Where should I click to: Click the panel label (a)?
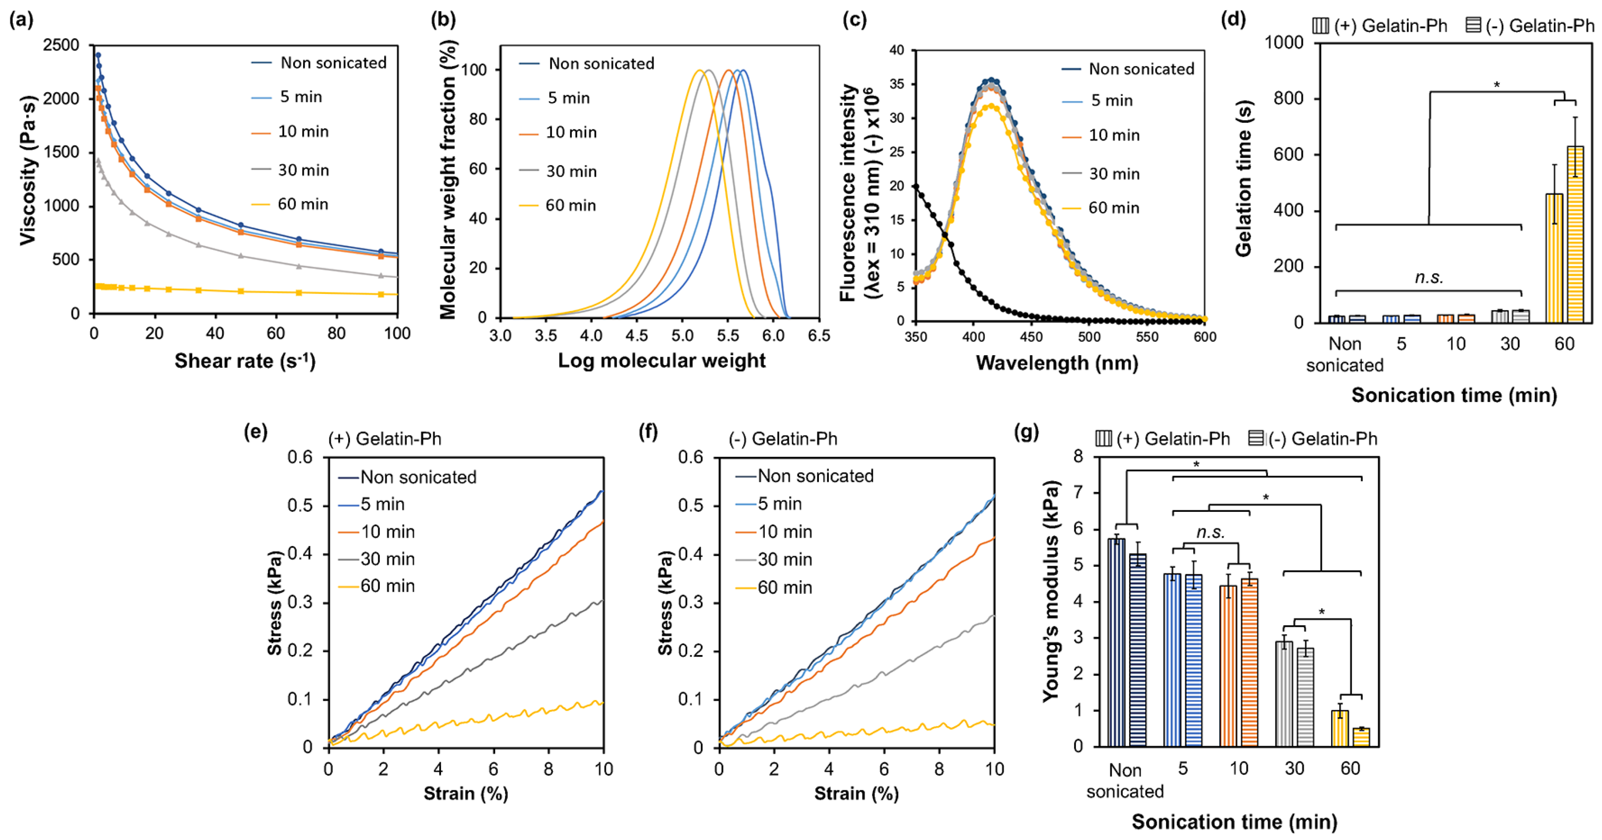point(21,20)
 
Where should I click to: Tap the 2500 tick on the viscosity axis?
point(61,45)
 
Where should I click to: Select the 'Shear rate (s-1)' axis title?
point(245,361)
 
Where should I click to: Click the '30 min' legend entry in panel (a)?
point(303,170)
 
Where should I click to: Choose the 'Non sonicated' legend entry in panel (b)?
point(601,63)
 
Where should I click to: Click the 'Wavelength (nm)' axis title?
point(1057,363)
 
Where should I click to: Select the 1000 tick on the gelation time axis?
point(1283,43)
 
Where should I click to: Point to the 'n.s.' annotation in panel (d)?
point(1429,277)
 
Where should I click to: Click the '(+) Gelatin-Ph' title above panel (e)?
point(385,439)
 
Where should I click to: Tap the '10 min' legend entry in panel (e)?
point(387,532)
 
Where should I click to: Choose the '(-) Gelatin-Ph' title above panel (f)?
point(783,439)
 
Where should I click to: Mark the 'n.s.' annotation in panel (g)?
point(1210,532)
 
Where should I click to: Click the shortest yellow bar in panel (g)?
point(1361,737)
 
